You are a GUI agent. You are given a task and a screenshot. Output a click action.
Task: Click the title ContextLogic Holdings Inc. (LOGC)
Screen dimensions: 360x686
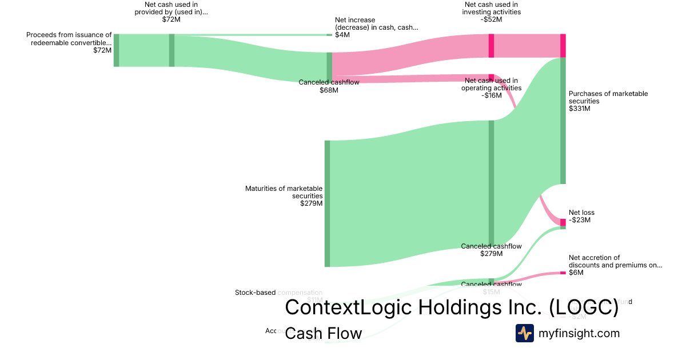452,307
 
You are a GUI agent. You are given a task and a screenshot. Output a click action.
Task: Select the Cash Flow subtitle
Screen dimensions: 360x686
323,333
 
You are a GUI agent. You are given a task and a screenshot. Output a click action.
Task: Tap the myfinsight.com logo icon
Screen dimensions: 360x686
524,333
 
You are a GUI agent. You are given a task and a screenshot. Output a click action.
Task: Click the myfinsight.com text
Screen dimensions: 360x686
579,333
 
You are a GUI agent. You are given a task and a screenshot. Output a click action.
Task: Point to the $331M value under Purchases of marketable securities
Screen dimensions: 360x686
579,109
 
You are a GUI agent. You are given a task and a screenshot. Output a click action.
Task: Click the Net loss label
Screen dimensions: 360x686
581,213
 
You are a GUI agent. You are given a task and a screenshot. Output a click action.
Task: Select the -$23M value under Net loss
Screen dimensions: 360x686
580,220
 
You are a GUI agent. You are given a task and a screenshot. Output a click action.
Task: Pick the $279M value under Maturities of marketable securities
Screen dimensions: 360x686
311,203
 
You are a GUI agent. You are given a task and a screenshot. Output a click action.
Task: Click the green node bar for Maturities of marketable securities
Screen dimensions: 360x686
328,203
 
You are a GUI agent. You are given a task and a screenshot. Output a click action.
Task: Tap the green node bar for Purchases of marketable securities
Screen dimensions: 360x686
563,121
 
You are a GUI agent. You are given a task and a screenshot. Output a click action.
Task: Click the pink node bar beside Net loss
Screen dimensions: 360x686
563,222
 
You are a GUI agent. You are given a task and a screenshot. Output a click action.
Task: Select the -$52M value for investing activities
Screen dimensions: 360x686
491,19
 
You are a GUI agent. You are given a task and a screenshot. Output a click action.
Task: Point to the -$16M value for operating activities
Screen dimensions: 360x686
491,95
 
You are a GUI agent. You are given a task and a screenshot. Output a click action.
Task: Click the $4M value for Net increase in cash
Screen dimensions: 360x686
342,35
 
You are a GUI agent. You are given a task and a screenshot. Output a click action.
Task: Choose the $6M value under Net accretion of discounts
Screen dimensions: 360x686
576,273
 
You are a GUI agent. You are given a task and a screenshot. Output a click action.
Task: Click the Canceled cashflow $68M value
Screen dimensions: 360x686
329,90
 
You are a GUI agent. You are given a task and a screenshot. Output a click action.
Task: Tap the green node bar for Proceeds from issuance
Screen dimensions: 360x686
116,50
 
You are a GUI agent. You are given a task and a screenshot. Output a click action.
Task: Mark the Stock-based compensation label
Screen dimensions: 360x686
278,293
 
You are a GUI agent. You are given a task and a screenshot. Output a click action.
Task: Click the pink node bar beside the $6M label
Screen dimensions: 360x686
563,273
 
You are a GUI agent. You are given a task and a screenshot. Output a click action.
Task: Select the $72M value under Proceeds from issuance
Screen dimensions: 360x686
102,50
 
